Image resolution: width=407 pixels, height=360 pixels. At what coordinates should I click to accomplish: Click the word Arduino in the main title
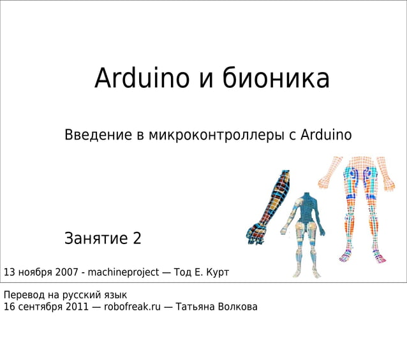(142, 79)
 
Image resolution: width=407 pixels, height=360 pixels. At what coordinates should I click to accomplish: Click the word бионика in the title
(276, 79)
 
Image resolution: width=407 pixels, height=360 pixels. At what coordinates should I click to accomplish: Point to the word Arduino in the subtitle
(325, 135)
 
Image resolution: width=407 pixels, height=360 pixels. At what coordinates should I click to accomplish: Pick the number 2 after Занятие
(137, 240)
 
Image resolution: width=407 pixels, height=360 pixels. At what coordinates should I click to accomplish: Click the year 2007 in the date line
(67, 273)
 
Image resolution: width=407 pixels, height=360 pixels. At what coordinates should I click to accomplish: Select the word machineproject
(123, 273)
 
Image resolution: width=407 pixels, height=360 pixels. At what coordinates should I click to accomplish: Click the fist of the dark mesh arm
(255, 234)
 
